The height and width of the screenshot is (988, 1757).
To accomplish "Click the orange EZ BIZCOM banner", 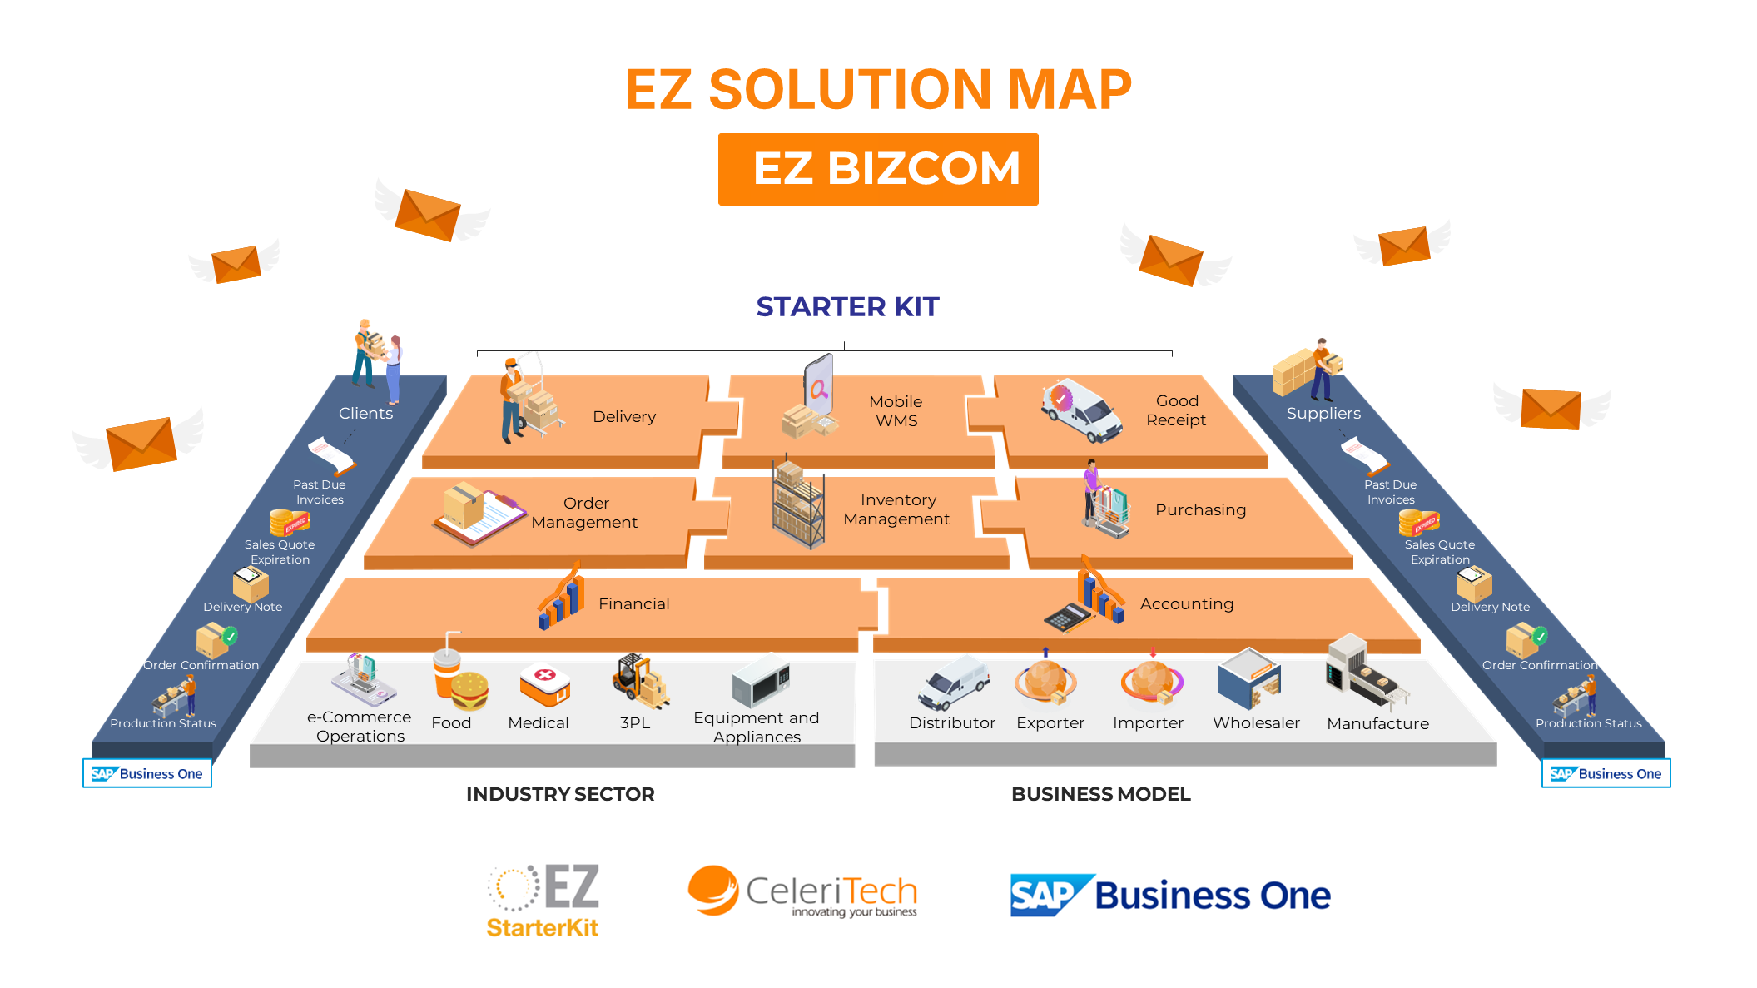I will pyautogui.click(x=878, y=169).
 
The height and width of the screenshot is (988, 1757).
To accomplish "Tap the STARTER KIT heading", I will pyautogui.click(x=847, y=307).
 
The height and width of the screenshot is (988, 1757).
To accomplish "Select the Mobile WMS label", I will pyautogui.click(x=896, y=411).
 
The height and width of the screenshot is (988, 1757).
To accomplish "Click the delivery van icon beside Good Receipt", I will pyautogui.click(x=1080, y=410).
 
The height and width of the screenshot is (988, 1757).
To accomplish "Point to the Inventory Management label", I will pyautogui.click(x=896, y=509).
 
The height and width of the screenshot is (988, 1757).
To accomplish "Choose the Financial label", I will pyautogui.click(x=633, y=603).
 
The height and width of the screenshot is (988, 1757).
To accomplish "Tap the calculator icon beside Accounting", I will pyautogui.click(x=1068, y=617).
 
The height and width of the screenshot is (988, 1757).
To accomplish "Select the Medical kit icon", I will pyautogui.click(x=544, y=684).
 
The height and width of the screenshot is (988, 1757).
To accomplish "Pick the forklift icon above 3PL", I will pyautogui.click(x=640, y=680).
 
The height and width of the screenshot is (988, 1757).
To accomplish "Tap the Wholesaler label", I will pyautogui.click(x=1256, y=723).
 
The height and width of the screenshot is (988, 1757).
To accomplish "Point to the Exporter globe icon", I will pyautogui.click(x=1045, y=681).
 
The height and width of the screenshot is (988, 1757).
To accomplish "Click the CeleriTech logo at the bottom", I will pyautogui.click(x=803, y=892).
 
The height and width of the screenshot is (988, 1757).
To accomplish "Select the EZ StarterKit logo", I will pyautogui.click(x=543, y=900).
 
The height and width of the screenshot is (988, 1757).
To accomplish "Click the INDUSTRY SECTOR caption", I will pyautogui.click(x=560, y=794).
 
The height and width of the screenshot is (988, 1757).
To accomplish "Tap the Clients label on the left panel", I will pyautogui.click(x=365, y=414).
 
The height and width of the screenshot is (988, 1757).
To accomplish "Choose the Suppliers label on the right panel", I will pyautogui.click(x=1323, y=414).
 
